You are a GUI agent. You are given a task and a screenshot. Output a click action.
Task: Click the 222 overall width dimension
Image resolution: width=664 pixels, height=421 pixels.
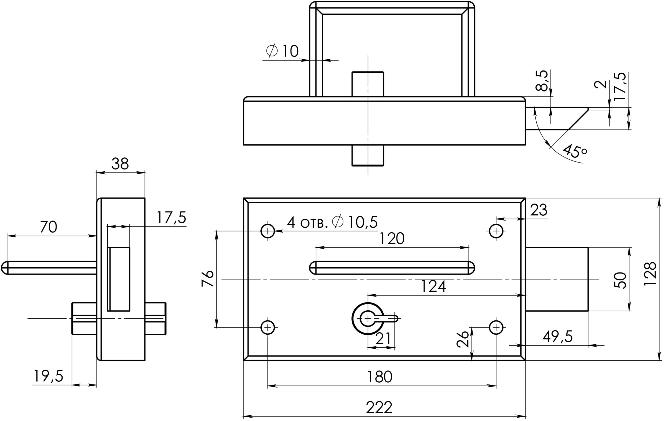pos(379,408)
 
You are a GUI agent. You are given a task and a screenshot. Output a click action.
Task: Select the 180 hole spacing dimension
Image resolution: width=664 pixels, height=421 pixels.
pos(379,377)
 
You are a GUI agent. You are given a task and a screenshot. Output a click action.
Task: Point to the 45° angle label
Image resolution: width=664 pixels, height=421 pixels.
pos(575,151)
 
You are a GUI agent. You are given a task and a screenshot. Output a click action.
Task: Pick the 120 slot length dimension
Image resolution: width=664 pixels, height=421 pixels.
pos(392,238)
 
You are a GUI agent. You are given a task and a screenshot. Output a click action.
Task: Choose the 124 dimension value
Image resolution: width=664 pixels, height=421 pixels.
pos(433,286)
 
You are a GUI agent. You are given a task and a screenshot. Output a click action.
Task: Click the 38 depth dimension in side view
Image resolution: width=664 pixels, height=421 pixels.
pos(120,164)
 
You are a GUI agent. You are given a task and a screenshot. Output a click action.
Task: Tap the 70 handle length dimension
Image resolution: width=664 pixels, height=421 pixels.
pos(49,227)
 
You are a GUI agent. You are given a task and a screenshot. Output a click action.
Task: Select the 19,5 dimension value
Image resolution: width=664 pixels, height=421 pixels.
pos(49,376)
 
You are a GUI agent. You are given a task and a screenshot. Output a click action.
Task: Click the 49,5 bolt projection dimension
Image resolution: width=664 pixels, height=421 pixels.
pos(558,336)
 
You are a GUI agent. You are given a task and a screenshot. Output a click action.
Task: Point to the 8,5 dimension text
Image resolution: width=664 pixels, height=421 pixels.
pos(541,81)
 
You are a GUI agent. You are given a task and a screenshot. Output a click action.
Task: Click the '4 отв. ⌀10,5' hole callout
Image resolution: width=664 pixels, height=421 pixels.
pos(332,222)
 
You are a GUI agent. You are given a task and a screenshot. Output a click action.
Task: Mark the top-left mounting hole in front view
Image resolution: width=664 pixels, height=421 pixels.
pos(268,231)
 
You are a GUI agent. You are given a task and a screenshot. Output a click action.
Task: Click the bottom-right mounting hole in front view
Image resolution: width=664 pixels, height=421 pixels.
pos(496,327)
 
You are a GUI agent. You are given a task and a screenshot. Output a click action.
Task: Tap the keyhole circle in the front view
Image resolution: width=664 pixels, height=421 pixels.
pos(368,319)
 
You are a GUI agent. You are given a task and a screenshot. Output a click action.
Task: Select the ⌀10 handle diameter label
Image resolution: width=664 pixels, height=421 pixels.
pos(283,51)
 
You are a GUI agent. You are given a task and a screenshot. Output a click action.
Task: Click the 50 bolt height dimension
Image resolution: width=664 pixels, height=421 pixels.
pos(620,280)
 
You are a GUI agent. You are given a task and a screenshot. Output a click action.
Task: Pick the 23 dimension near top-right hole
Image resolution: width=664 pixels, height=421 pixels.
pos(538,210)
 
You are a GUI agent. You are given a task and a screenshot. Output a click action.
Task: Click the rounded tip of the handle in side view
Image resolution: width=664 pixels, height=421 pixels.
pos(4,268)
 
